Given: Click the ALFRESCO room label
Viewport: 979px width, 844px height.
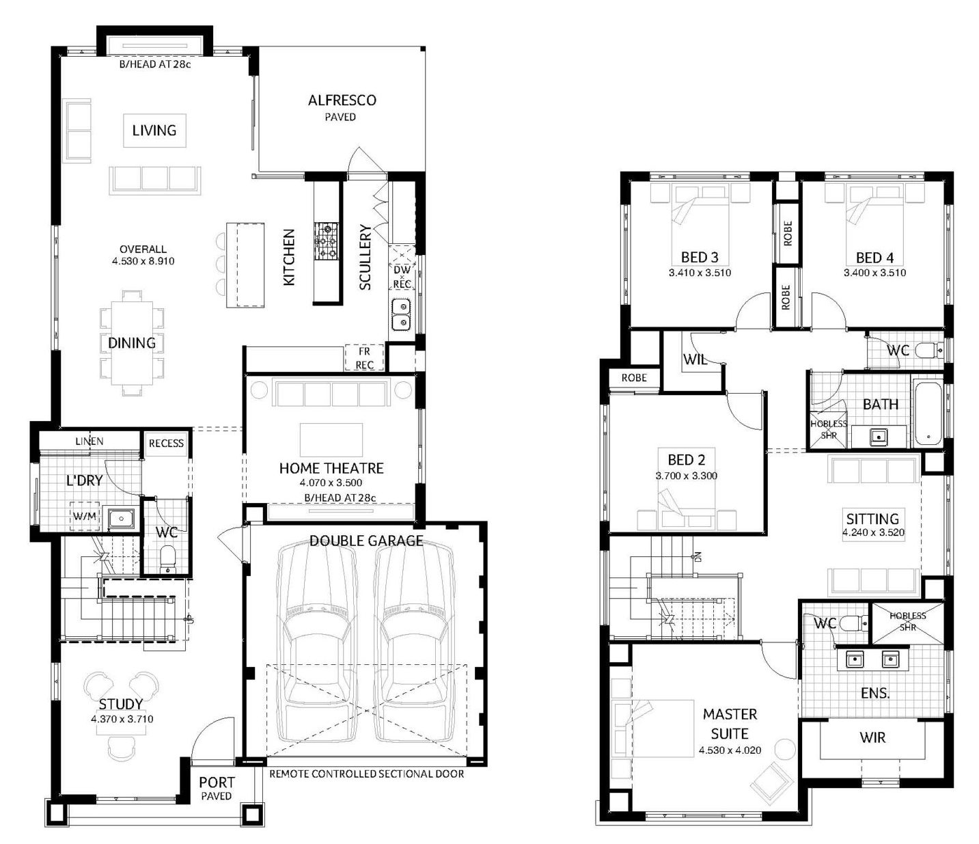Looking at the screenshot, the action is point(342,100).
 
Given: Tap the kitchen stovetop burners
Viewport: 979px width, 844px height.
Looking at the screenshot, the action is point(327,241).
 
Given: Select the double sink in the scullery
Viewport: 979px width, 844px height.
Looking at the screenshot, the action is point(402,314).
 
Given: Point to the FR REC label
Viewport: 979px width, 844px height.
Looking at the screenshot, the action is point(364,358).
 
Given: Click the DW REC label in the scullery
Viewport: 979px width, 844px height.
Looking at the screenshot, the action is point(402,277).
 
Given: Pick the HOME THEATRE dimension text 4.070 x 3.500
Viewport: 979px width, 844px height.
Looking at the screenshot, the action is point(331,483).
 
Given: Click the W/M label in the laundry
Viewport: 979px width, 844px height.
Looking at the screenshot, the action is point(85,516).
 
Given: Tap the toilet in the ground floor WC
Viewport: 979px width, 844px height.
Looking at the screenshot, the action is point(167,558).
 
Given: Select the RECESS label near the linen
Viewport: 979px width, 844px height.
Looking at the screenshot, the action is point(166,443).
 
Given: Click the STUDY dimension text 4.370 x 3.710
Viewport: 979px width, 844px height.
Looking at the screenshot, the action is point(122,719).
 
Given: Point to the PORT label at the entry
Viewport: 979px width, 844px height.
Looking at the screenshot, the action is point(217,782).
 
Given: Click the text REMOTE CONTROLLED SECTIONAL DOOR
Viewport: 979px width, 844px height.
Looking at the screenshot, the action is point(367,774).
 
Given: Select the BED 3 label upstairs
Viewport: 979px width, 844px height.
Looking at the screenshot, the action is point(700,258).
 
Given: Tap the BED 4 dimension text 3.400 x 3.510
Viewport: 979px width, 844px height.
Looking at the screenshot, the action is point(874,273).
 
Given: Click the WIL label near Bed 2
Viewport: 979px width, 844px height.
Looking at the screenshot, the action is point(695,359).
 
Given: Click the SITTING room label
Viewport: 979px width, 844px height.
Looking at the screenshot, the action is point(872,519).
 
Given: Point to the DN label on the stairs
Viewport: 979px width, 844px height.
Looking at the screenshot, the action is point(697,557).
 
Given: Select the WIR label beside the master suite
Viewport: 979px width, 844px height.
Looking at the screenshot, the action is point(872,737).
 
